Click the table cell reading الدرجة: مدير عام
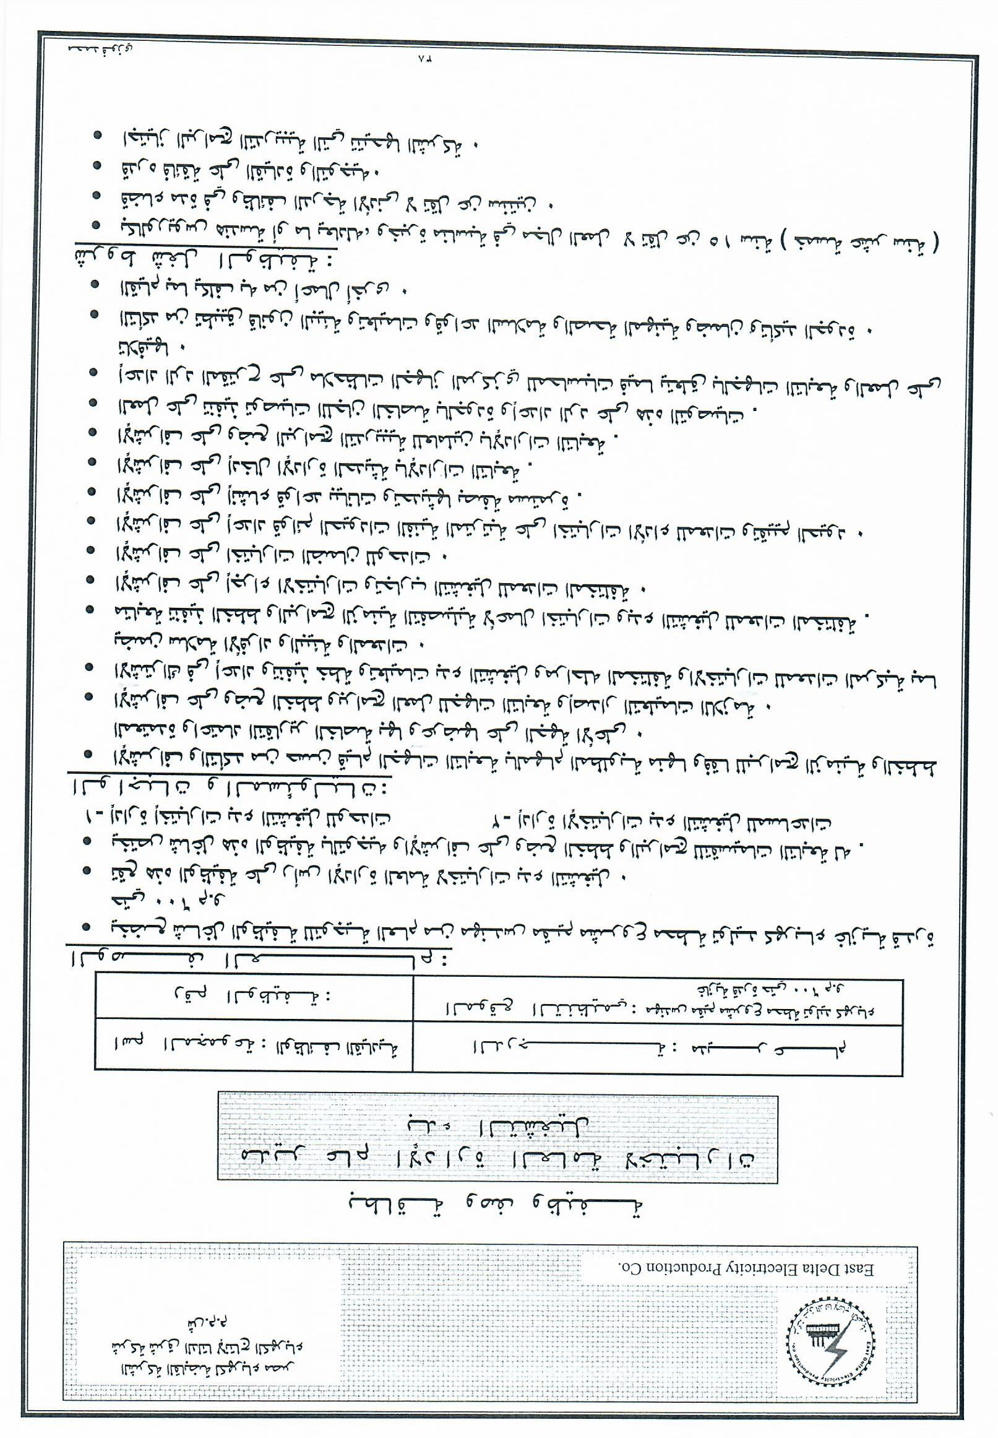click(656, 1046)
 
